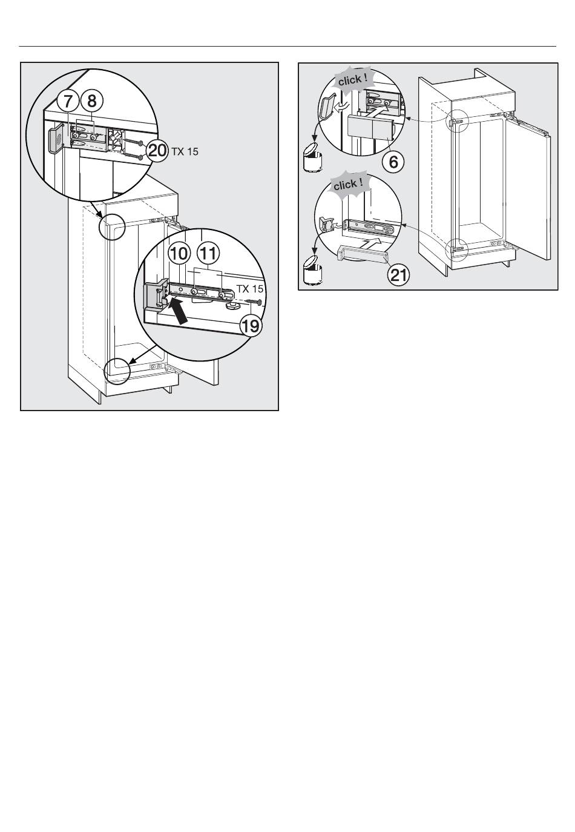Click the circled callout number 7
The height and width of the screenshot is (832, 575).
pyautogui.click(x=67, y=101)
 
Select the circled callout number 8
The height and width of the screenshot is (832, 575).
pyautogui.click(x=91, y=101)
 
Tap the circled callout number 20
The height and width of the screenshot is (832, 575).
pyautogui.click(x=157, y=151)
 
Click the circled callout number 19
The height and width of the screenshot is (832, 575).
pyautogui.click(x=251, y=326)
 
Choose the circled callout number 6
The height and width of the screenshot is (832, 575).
pyautogui.click(x=393, y=162)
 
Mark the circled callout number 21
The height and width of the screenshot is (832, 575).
pyautogui.click(x=398, y=276)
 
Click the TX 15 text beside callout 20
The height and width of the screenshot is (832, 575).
pyautogui.click(x=185, y=151)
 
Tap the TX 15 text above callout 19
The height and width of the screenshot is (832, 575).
pyautogui.click(x=250, y=289)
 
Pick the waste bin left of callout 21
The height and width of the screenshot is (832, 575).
pyautogui.click(x=312, y=271)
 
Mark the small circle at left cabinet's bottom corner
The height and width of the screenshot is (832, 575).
pyautogui.click(x=117, y=371)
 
